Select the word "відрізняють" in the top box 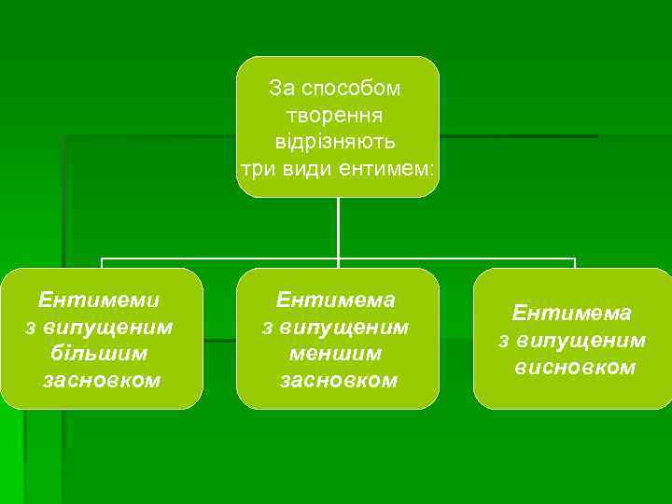(336, 143)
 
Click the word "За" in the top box (281, 89)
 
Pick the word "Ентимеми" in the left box (99, 300)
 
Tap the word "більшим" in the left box (101, 354)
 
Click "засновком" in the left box (101, 381)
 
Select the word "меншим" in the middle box (336, 354)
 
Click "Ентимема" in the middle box (336, 300)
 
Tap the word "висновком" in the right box (574, 367)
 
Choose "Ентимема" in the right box (572, 313)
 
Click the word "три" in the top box (255, 170)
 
